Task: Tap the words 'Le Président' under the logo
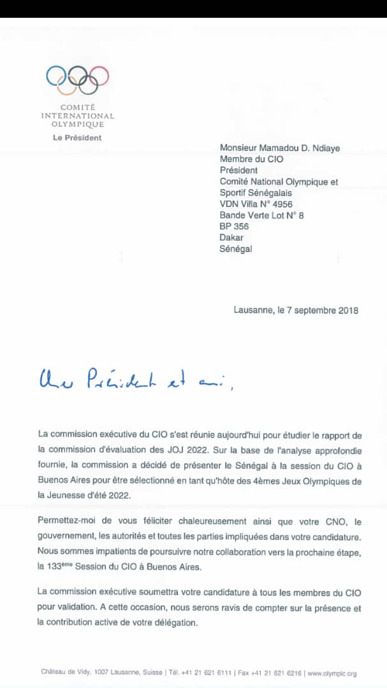coord(77,138)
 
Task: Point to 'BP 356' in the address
coord(234,226)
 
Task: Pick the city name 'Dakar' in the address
coord(231,238)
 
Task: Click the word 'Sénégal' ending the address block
coord(236,249)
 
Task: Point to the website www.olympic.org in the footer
coord(332,672)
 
